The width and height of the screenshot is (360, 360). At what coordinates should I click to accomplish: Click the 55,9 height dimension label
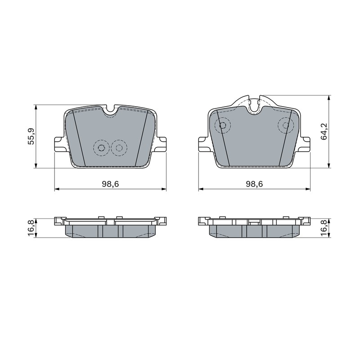tap(31, 136)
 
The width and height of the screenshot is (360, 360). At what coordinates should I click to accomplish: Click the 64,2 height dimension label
tap(324, 131)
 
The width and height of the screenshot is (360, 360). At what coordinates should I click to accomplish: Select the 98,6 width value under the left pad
tap(110, 184)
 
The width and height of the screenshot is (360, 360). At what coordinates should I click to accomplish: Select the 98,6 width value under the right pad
tap(254, 184)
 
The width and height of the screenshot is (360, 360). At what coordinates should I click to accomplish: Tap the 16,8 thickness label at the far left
tap(31, 228)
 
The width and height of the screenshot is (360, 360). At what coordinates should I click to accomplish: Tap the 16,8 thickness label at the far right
tap(324, 228)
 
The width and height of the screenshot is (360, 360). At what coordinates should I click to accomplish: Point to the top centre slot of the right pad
tap(254, 105)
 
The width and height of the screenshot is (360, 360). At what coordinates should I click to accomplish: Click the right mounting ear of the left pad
tap(160, 144)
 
